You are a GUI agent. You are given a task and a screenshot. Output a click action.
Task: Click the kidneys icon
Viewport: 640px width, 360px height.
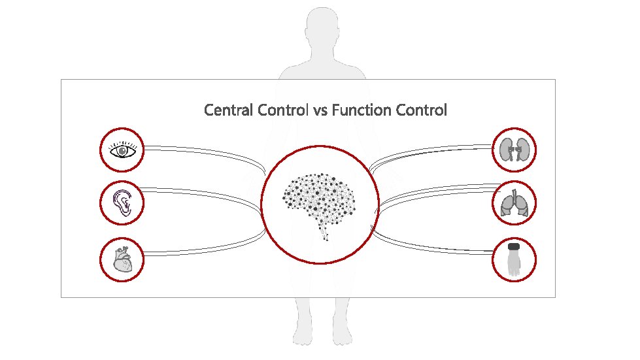[514, 150]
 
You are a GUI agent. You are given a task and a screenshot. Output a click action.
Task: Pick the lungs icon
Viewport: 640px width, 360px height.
[514, 203]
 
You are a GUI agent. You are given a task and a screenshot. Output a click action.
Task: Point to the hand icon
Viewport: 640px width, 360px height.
[514, 261]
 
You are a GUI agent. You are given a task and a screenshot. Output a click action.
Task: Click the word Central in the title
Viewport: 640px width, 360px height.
[229, 110]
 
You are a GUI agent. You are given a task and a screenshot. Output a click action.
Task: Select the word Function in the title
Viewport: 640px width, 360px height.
[362, 110]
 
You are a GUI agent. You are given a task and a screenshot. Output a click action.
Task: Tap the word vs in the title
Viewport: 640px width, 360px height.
[320, 110]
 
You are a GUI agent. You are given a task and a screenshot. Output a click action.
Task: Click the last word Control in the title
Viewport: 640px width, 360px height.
[422, 110]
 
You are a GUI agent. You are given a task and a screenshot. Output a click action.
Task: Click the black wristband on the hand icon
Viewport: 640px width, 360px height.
[514, 247]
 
